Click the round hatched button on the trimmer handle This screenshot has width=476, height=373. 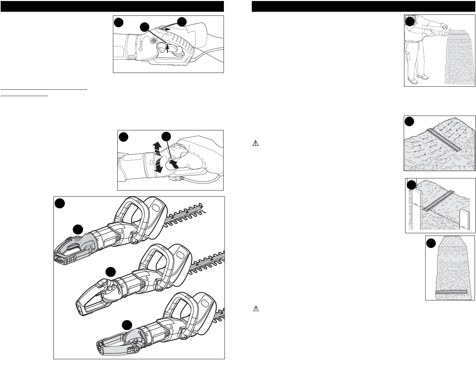click(154, 40)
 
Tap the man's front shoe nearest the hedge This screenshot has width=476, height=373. click(424, 78)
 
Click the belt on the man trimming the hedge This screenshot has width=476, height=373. click(411, 41)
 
